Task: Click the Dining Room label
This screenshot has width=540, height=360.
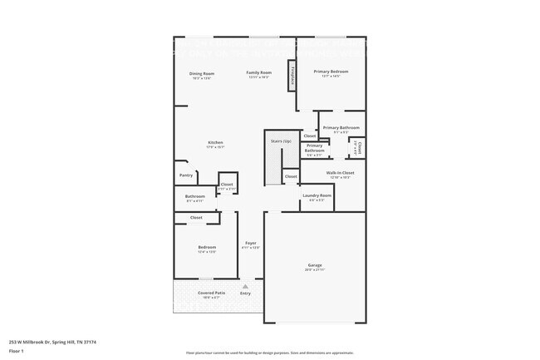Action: (202, 73)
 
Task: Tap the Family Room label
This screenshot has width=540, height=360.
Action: (259, 73)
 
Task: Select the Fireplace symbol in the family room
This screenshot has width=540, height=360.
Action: (292, 75)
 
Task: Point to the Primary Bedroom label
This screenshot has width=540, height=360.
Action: (331, 72)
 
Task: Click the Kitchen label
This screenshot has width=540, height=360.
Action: (215, 143)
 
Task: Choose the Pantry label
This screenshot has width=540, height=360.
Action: (186, 175)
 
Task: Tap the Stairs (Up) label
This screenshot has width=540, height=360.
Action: (281, 141)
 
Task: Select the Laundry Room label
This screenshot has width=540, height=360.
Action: (317, 195)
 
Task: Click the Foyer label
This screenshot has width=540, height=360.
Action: (250, 243)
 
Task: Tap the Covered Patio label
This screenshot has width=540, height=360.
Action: (211, 293)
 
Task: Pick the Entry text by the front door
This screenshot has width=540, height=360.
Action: (245, 293)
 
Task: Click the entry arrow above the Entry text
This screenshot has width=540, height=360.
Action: (245, 286)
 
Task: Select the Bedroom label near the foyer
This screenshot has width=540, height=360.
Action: (207, 247)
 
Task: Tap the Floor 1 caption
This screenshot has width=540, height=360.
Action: (17, 351)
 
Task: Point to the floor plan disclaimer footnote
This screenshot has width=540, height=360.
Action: (270, 353)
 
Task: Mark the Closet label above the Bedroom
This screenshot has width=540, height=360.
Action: (196, 218)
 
